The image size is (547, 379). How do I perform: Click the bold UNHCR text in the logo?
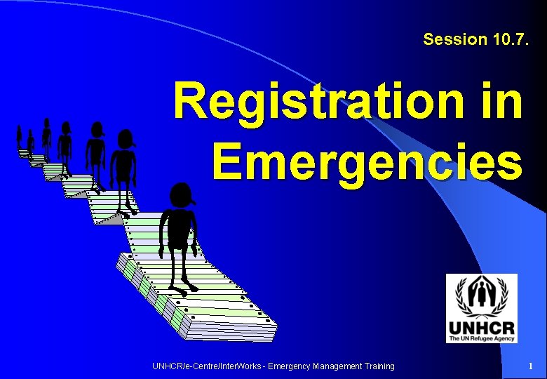pyautogui.click(x=481, y=328)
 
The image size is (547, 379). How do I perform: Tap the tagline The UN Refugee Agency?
pyautogui.click(x=481, y=338)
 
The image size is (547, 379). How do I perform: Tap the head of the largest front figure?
pyautogui.click(x=182, y=195)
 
